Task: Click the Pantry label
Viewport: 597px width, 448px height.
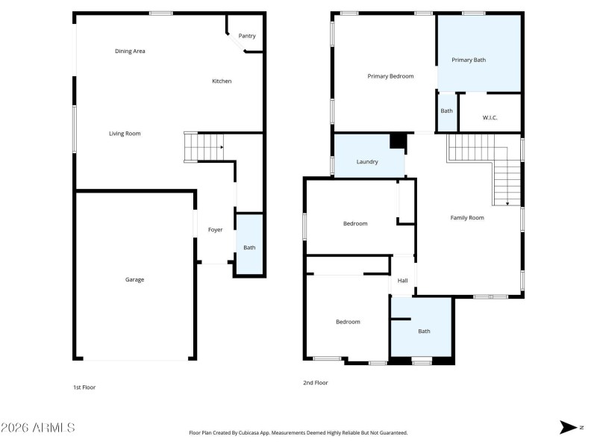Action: [x=246, y=36]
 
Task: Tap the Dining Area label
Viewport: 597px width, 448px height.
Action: [x=130, y=51]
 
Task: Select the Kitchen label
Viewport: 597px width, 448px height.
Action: [x=222, y=81]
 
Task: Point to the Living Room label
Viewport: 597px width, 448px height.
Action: [x=125, y=134]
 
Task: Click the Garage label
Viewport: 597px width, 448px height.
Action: [x=134, y=279]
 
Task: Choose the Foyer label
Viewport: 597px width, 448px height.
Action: [x=215, y=229]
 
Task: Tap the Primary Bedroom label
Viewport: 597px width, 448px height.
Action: [x=390, y=75]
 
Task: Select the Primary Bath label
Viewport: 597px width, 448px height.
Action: [x=468, y=60]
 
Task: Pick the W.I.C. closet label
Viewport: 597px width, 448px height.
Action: [x=490, y=117]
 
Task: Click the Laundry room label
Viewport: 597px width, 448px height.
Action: [x=367, y=161]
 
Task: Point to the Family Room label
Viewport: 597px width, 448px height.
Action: [x=467, y=217]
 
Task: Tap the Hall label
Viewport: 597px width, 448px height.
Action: [x=402, y=281]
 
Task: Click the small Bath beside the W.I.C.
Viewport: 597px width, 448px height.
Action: [x=446, y=111]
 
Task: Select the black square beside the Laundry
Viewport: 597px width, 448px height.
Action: [x=398, y=141]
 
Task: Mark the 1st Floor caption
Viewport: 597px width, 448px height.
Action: [x=84, y=388]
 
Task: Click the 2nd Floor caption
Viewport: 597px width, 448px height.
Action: [x=315, y=382]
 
